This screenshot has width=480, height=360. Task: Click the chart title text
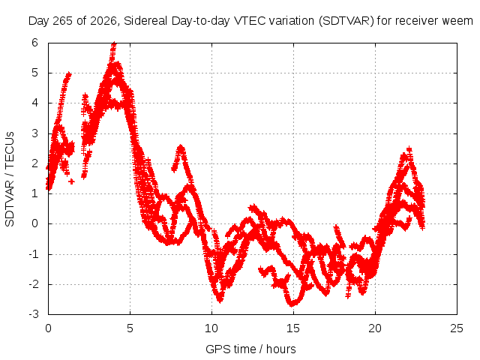(250, 21)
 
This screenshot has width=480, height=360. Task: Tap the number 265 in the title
(62, 21)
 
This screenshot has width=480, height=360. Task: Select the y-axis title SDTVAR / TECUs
(10, 179)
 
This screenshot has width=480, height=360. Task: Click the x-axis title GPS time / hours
(250, 349)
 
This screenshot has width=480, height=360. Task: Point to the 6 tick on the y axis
(35, 43)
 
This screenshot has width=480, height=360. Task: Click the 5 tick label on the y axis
(35, 73)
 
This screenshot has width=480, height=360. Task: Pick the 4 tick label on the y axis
(35, 103)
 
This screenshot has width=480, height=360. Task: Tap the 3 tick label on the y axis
(35, 133)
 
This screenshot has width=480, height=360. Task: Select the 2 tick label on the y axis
(35, 163)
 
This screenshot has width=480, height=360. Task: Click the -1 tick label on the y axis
(33, 254)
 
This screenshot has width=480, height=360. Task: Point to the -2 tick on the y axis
(33, 284)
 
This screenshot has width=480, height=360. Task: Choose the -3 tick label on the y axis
(33, 314)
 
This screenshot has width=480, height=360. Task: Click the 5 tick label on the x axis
(130, 328)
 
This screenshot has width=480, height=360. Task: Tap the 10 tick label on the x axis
(211, 328)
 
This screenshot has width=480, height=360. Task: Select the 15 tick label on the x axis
(293, 328)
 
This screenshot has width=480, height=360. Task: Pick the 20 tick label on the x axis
(375, 328)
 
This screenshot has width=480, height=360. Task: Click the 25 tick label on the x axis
(457, 328)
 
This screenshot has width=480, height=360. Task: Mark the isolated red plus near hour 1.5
(71, 181)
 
